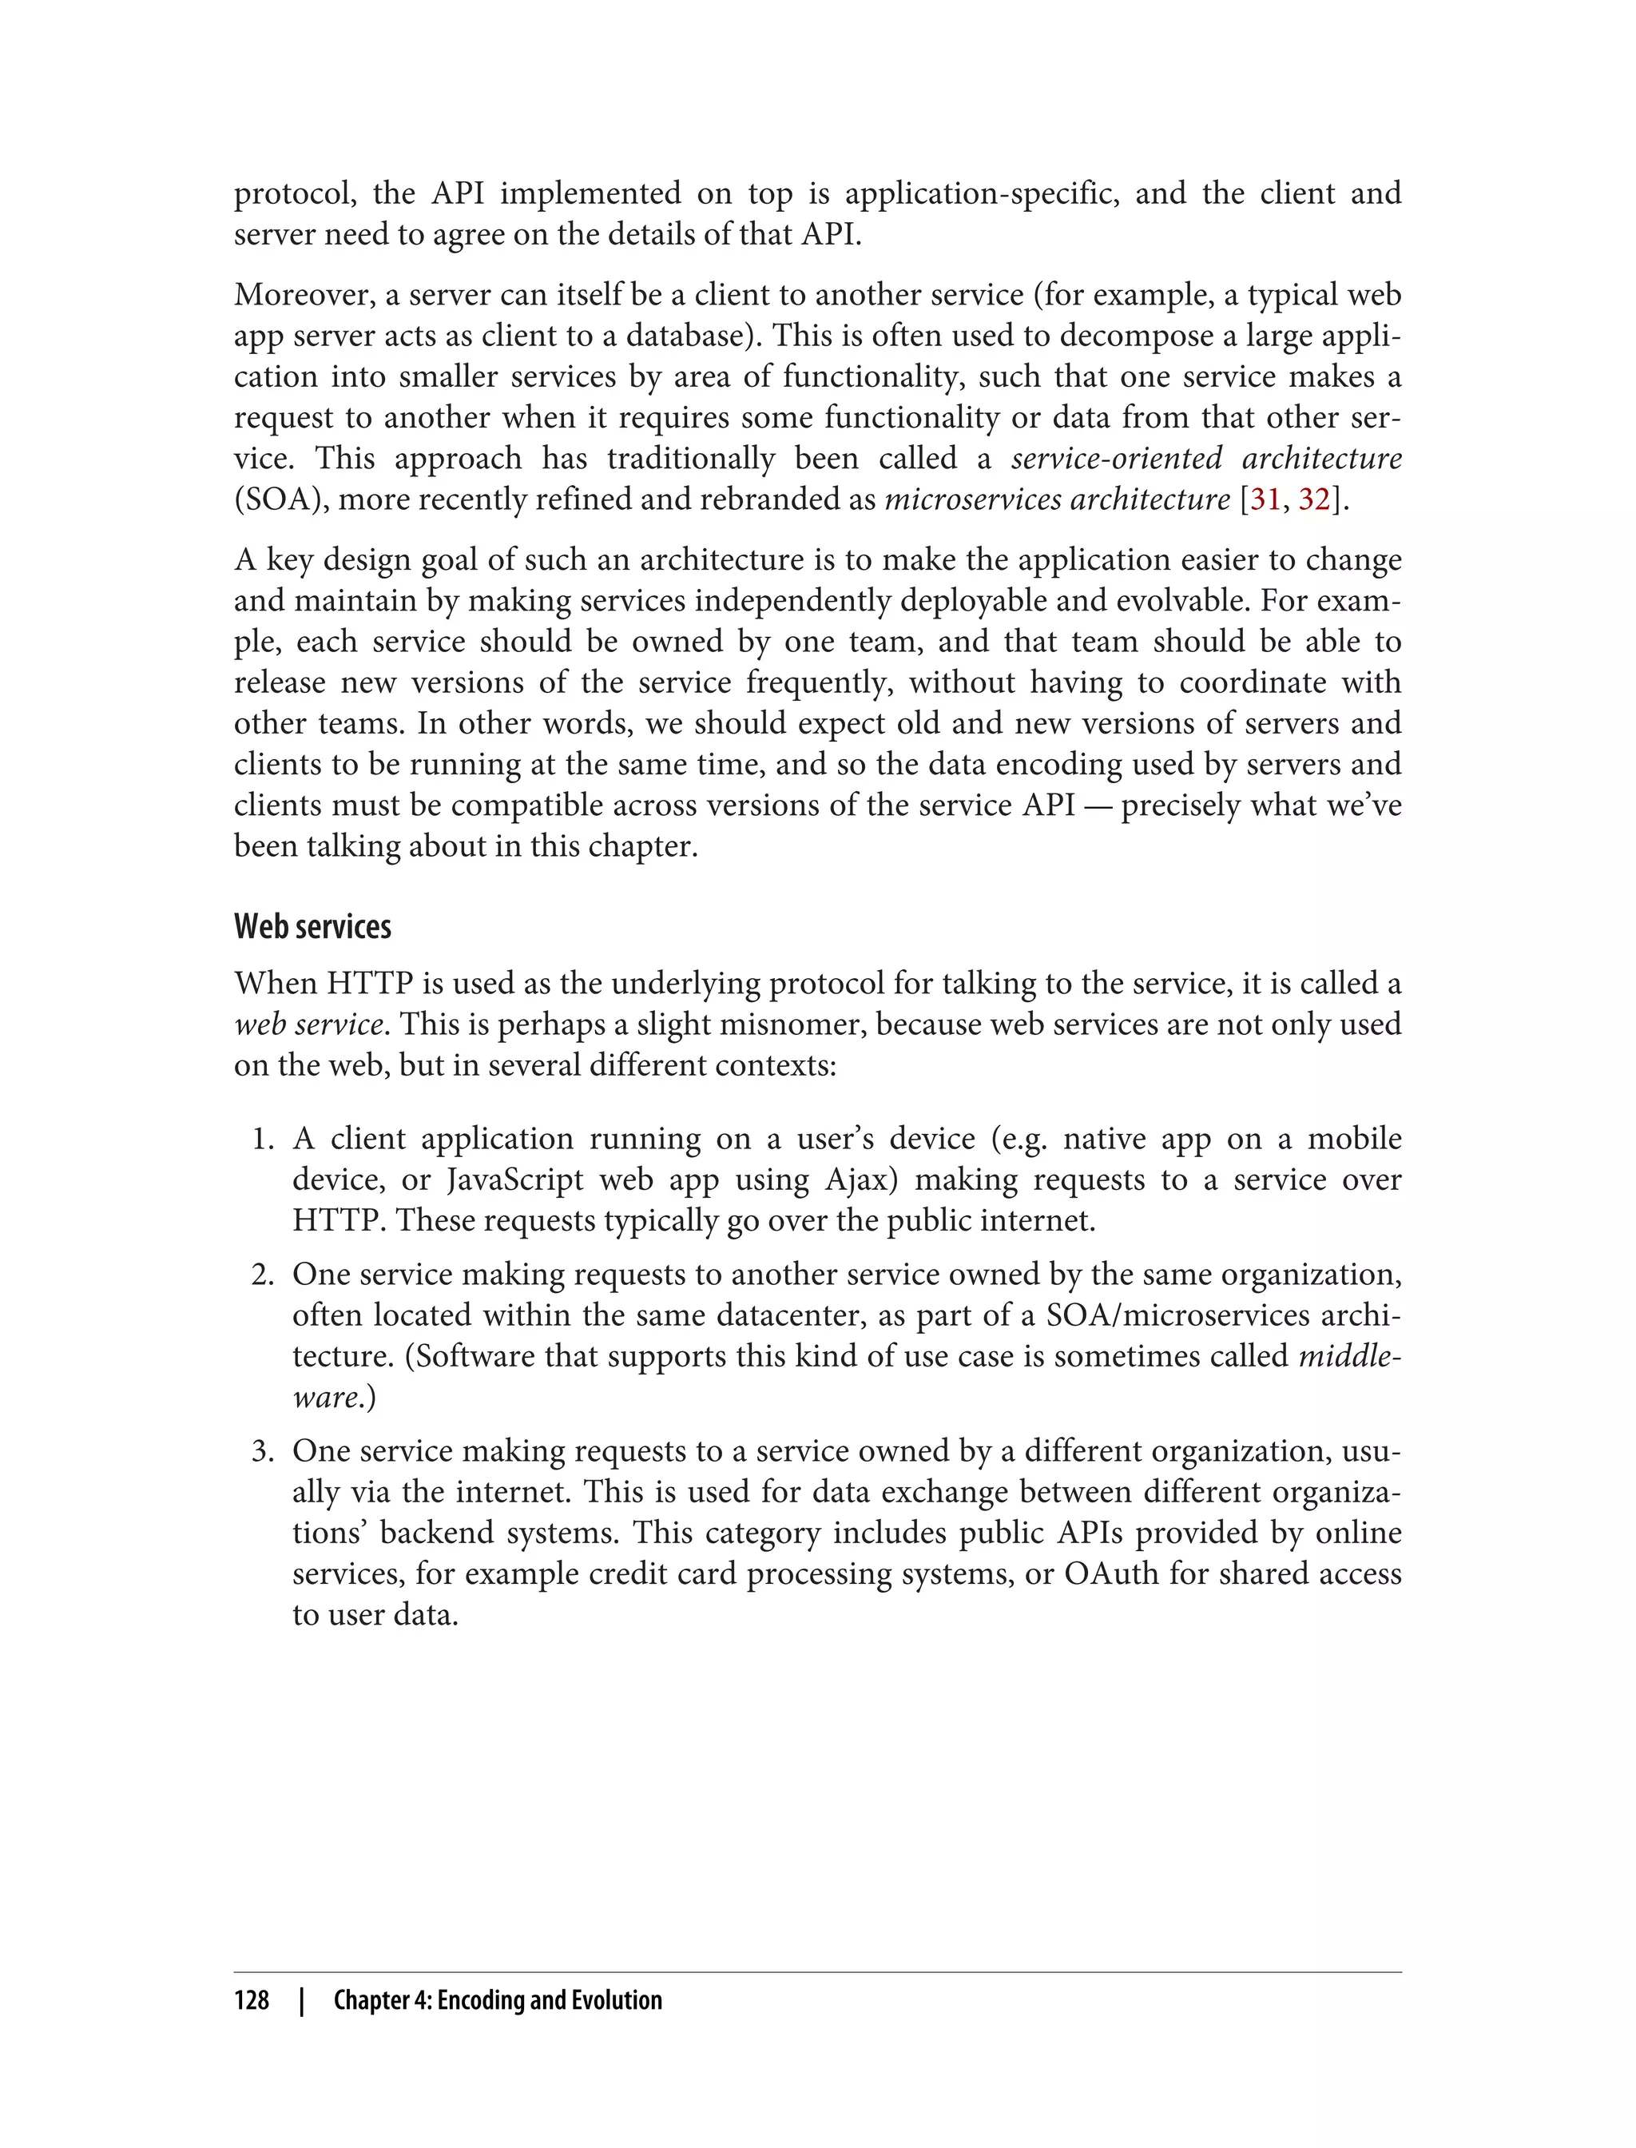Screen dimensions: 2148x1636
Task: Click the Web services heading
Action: coord(312,926)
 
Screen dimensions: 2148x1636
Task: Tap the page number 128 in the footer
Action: coord(252,2000)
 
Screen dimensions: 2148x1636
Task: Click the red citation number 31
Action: coord(1265,499)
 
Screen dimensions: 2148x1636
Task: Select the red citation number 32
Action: coord(1313,499)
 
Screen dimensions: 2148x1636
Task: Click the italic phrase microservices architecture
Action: coord(1057,499)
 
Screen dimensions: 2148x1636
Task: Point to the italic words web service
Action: coord(308,1024)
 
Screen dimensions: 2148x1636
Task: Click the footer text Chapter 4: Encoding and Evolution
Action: coord(497,2000)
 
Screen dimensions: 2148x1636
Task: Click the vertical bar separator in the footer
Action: coord(302,2000)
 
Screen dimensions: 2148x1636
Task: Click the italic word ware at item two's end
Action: coord(324,1398)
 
